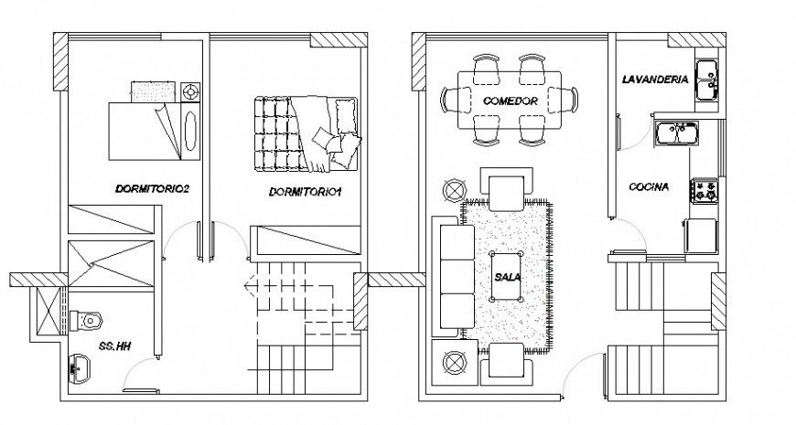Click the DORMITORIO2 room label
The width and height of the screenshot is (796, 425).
point(152,190)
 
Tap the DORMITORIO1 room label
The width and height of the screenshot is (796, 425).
point(305,192)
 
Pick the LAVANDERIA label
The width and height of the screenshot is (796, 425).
point(654,80)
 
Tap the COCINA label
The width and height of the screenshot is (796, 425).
point(649,186)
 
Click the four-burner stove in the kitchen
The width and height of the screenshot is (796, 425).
point(705,190)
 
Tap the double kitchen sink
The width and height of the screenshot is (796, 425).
point(678,134)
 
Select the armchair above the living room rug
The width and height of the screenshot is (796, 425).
point(506,190)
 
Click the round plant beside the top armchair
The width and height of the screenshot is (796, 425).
point(455,190)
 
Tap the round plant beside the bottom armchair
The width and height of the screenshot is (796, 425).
point(455,363)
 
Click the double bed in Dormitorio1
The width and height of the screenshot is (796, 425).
point(307,133)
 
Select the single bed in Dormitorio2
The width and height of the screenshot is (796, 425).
point(139,128)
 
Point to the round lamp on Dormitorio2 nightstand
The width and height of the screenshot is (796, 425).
point(190,92)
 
